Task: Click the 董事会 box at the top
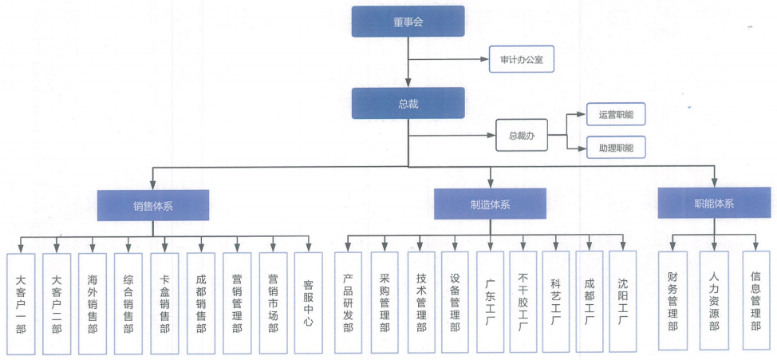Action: coord(408,22)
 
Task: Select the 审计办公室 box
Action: coord(521,59)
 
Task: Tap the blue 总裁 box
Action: coord(408,103)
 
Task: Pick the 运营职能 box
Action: coord(615,115)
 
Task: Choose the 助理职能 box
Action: coord(615,147)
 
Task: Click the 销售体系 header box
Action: coord(153,205)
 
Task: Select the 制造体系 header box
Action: coord(490,204)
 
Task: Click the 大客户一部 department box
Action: coord(20,303)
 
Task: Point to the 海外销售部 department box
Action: coord(93,303)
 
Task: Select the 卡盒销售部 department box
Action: coord(164,303)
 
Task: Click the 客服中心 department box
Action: coord(309,303)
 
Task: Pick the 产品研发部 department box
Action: coord(348,303)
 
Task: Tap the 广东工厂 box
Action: coord(490,303)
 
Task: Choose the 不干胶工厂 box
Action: coord(523,303)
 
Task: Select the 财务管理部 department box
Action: coord(672,300)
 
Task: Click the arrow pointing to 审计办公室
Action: coord(479,59)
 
